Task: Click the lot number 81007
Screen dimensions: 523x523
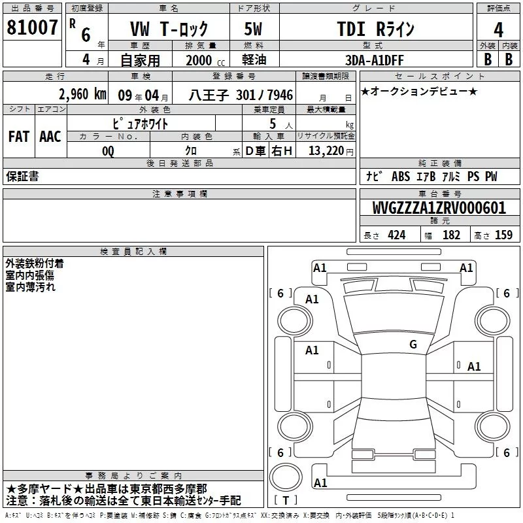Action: [32, 27]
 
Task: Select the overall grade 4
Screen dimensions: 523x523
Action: [498, 30]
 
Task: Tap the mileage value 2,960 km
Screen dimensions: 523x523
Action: [82, 94]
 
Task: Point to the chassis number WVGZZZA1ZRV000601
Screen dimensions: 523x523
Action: [439, 208]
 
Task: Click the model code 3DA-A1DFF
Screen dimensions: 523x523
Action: [374, 60]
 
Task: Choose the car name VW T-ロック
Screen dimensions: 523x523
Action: [169, 29]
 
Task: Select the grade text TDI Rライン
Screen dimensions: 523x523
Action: [375, 29]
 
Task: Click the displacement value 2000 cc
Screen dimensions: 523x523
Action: [205, 60]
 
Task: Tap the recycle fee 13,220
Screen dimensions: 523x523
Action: [326, 151]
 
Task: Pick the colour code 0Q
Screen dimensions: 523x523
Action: [108, 151]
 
